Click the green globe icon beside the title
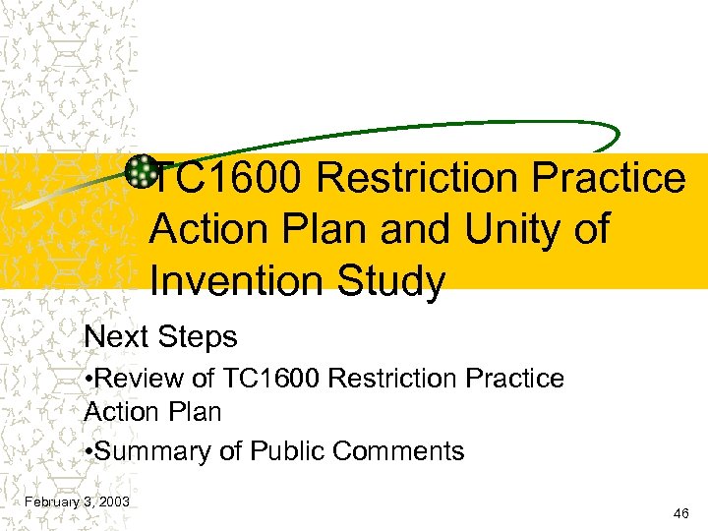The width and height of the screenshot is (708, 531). click(x=142, y=170)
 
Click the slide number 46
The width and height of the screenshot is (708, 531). click(x=680, y=513)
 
